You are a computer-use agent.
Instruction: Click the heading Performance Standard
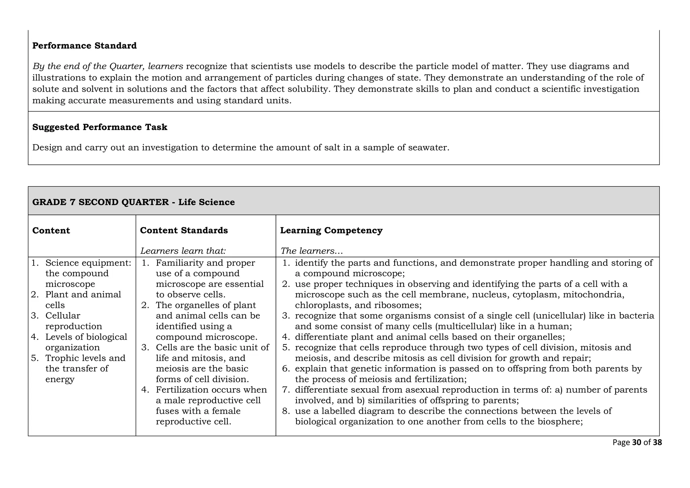click(x=84, y=45)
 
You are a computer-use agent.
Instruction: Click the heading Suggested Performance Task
click(x=100, y=127)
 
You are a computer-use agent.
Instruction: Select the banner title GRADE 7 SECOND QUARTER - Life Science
click(x=133, y=202)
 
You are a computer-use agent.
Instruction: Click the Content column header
click(x=51, y=230)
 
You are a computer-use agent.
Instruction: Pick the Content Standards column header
click(x=184, y=230)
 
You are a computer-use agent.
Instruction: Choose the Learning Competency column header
click(x=331, y=230)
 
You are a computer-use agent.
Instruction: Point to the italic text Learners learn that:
click(x=183, y=251)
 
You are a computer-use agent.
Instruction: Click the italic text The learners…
click(x=312, y=251)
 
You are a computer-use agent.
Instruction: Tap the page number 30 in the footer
click(x=637, y=443)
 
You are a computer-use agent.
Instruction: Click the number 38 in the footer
click(x=657, y=443)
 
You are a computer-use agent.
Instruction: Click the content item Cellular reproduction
click(x=73, y=321)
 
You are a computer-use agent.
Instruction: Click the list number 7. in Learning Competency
click(x=286, y=390)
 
